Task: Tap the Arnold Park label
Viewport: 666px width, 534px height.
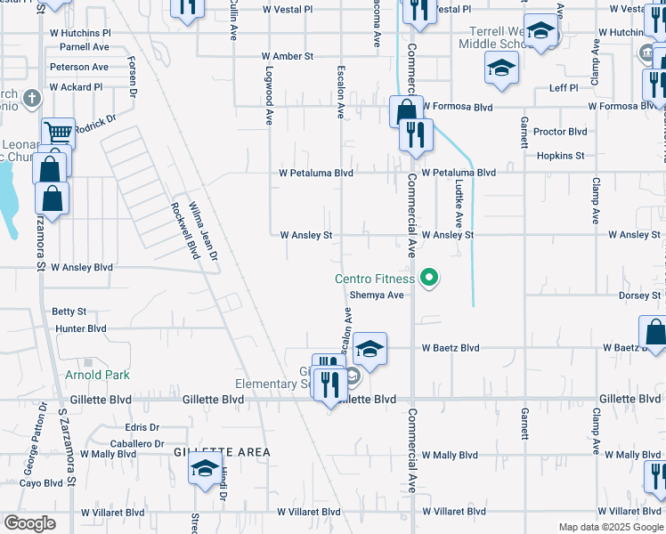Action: (98, 376)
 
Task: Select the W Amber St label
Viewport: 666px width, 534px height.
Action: (288, 56)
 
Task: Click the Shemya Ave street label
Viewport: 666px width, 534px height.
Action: (377, 295)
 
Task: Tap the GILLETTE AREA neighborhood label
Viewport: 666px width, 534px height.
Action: (222, 452)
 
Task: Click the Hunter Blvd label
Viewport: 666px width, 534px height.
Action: (80, 328)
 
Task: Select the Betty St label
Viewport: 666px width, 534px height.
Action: (69, 311)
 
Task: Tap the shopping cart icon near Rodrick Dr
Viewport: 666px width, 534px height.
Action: (58, 134)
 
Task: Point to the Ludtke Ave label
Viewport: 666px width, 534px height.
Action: (459, 206)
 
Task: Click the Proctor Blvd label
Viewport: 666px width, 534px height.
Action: (560, 132)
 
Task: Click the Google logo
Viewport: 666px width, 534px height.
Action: (29, 523)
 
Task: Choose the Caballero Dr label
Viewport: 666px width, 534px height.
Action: (137, 443)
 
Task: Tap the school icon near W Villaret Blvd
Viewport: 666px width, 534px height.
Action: (205, 469)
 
